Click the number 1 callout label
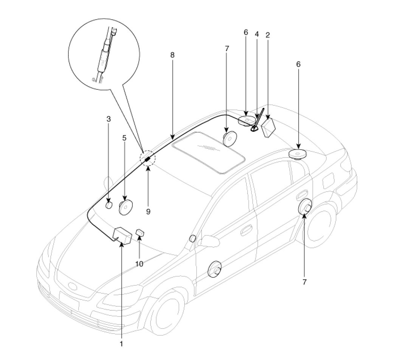click(x=121, y=344)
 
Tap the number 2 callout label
click(x=268, y=35)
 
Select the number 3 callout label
click(x=109, y=119)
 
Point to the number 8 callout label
click(x=172, y=55)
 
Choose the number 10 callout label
click(x=139, y=264)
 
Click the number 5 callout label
click(x=124, y=138)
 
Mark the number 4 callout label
click(x=257, y=34)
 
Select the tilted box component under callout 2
click(x=268, y=127)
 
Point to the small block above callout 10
click(x=140, y=232)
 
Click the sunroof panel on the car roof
click(x=207, y=151)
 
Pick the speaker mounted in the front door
click(x=215, y=269)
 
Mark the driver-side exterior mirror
click(x=207, y=240)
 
